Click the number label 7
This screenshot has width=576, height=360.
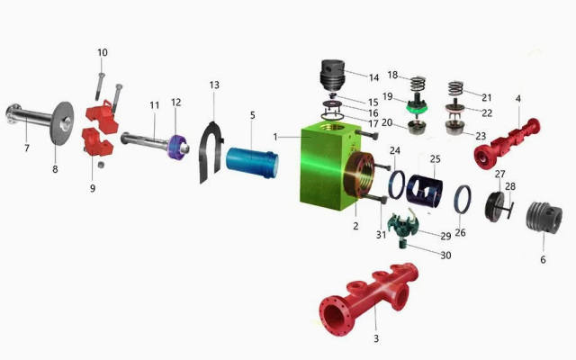[26, 148]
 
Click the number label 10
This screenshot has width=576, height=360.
[102, 53]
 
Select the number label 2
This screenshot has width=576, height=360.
[355, 226]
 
